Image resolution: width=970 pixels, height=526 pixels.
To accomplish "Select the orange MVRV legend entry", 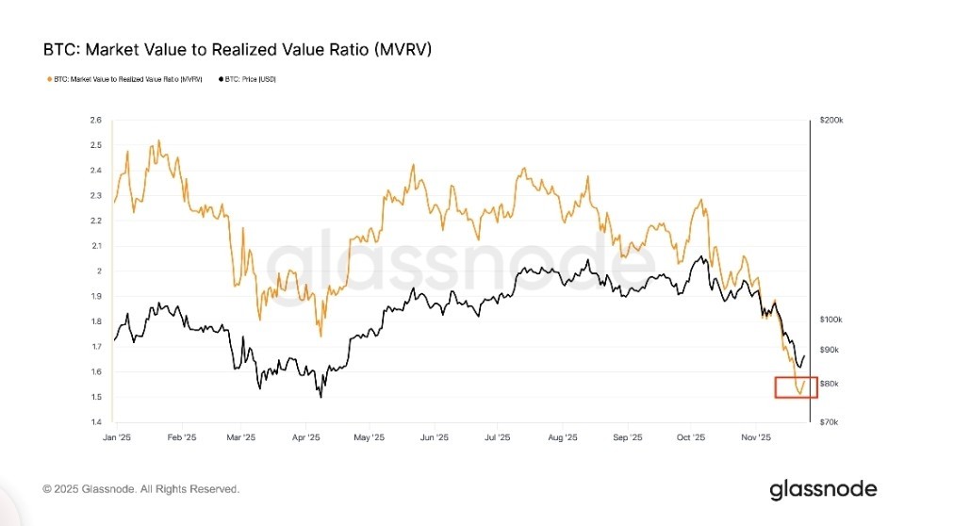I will (x=123, y=79).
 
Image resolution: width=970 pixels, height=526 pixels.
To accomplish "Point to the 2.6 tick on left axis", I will (x=95, y=121).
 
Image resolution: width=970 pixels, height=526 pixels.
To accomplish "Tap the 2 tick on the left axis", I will (x=98, y=271).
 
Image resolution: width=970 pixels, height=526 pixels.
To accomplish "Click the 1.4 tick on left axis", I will (x=95, y=422).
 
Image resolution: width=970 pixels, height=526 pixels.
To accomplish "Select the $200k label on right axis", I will (x=831, y=121).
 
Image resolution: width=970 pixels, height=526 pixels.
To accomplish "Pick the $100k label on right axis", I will (x=831, y=321).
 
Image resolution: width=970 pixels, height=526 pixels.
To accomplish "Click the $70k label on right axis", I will (x=830, y=422).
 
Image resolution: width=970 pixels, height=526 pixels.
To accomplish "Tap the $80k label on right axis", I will (x=830, y=384).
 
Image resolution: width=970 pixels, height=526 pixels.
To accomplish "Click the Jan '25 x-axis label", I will (x=116, y=437).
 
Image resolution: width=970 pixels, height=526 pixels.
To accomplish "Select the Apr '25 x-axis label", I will (x=306, y=437).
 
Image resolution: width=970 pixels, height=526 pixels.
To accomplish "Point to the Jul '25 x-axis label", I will (x=497, y=437).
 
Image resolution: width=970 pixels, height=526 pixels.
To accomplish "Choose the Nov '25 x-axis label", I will (x=756, y=437).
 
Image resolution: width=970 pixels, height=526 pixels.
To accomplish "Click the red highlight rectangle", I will (x=796, y=387).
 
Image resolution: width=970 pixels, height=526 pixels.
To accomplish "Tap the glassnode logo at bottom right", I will (x=823, y=489).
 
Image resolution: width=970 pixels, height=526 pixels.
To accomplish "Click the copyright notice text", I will (x=141, y=489).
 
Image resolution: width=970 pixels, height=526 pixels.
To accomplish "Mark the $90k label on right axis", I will (x=830, y=350).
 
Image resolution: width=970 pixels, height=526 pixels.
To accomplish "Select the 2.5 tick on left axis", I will (x=95, y=145).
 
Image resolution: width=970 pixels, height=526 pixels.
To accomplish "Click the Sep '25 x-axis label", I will (x=627, y=437).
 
